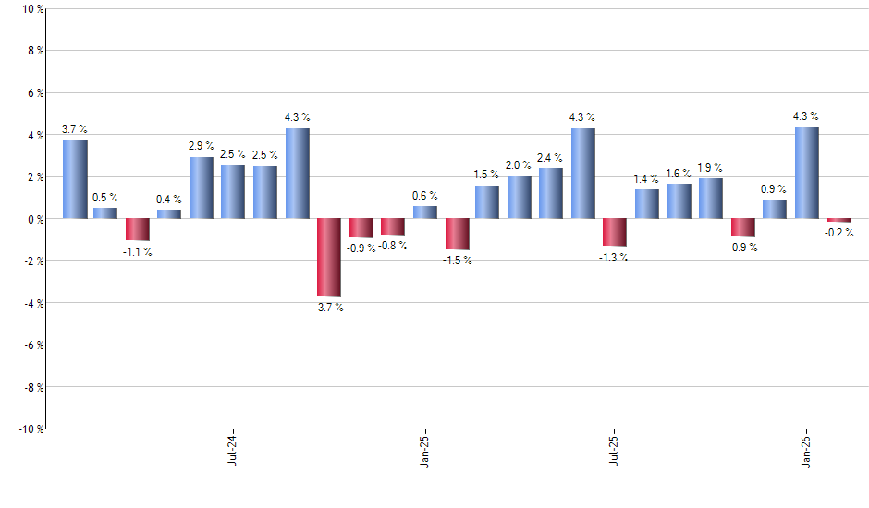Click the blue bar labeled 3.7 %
click(x=75, y=179)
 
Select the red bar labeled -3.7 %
click(x=328, y=258)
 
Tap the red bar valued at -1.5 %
click(x=457, y=235)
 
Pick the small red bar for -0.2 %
click(x=838, y=221)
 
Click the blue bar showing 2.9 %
click(x=202, y=187)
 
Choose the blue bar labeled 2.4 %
click(x=551, y=193)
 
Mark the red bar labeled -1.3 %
click(x=615, y=233)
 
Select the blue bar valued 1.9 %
click(x=711, y=199)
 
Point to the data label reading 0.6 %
click(x=425, y=196)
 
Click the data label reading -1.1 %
click(x=138, y=252)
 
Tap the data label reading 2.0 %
click(x=520, y=165)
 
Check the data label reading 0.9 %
click(x=775, y=189)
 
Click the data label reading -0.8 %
click(x=393, y=246)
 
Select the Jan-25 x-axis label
click(x=424, y=449)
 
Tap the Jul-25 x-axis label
click(x=615, y=449)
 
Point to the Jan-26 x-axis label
click(x=806, y=449)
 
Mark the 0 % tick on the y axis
click(x=33, y=219)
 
